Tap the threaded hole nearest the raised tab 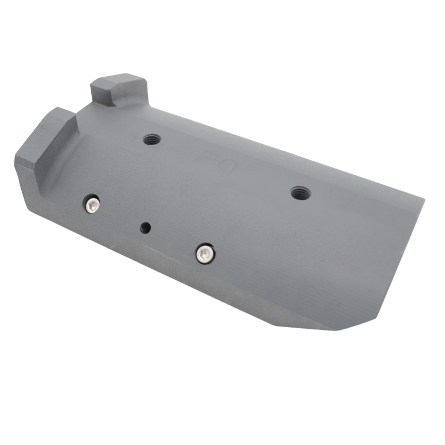pyautogui.click(x=150, y=139)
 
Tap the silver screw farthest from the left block pyautogui.click(x=205, y=253)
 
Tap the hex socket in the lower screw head pyautogui.click(x=205, y=253)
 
